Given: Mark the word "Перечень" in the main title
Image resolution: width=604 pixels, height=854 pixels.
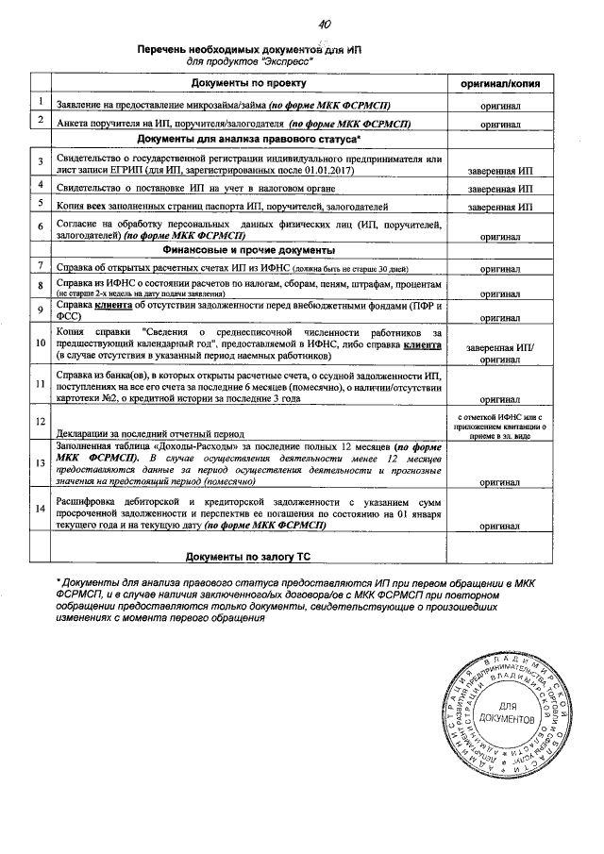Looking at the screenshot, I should pyautogui.click(x=165, y=46).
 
